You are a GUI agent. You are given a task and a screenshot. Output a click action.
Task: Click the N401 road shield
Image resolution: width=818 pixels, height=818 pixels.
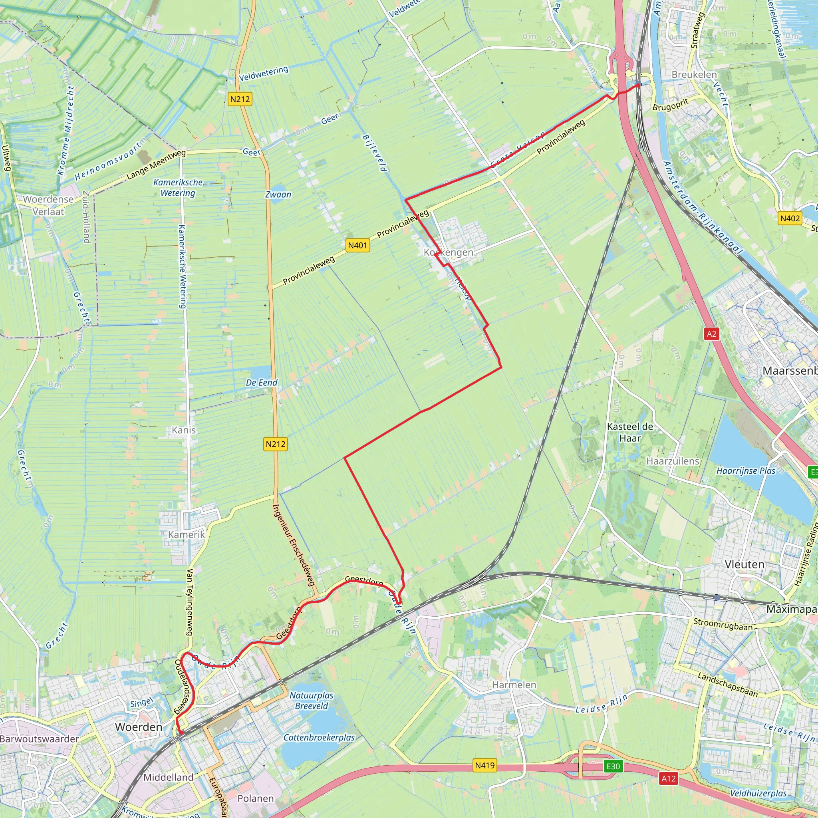click(357, 245)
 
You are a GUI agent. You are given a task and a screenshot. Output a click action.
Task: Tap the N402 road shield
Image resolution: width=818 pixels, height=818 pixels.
click(790, 218)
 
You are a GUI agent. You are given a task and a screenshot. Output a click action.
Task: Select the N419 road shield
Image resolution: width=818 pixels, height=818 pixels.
click(484, 765)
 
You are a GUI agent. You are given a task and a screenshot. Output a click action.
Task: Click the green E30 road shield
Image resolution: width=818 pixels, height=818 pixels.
click(613, 766)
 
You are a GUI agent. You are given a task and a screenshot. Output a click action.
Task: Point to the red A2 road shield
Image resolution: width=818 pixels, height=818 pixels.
click(712, 334)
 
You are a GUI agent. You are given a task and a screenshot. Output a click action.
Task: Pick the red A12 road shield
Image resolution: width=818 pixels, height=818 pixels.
click(669, 778)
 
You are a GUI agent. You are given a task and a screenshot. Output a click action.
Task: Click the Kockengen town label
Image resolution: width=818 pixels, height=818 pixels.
click(449, 252)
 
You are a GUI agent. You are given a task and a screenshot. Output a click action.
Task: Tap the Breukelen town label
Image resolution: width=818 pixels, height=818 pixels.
click(694, 75)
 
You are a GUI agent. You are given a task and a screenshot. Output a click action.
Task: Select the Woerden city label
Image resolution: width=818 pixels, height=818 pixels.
click(139, 727)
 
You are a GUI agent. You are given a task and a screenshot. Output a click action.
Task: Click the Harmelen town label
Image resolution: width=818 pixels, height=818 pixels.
click(514, 685)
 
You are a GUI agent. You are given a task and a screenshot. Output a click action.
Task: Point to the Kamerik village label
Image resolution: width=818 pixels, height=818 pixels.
click(186, 534)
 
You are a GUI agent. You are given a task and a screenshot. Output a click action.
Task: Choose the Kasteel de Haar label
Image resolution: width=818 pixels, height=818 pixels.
click(630, 432)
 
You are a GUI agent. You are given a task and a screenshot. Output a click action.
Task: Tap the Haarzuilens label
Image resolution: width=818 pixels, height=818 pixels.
click(673, 461)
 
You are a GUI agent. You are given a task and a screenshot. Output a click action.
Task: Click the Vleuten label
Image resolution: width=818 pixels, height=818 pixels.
click(745, 564)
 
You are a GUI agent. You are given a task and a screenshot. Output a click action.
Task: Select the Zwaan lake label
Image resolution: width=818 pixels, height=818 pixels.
click(278, 195)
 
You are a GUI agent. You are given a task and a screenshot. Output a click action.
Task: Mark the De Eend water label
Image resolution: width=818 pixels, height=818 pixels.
click(262, 383)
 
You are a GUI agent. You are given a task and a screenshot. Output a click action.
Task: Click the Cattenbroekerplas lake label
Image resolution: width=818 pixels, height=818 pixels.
click(319, 737)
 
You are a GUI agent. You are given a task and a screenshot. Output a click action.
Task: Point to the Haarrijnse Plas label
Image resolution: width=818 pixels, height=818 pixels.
click(746, 471)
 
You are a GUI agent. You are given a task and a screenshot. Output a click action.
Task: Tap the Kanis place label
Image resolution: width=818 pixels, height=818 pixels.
click(184, 430)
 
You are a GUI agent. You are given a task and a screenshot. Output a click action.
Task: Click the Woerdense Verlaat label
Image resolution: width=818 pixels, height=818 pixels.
click(48, 205)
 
